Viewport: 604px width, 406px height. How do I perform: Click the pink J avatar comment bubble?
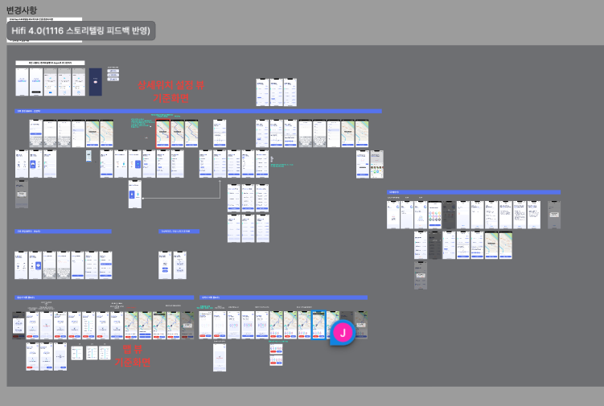tap(343, 332)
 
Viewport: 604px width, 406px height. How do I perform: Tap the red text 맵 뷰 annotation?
tap(132, 349)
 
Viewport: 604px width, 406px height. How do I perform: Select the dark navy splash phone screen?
tap(96, 81)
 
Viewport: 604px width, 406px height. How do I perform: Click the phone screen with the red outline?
tap(162, 133)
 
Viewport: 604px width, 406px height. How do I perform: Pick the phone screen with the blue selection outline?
tap(318, 324)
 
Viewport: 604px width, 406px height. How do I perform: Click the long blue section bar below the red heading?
tap(198, 111)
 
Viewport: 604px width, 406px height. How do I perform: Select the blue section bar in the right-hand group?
tap(474, 192)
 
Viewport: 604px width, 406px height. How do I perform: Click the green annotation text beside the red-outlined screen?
tap(142, 125)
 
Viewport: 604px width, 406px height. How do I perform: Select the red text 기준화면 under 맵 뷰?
tap(132, 362)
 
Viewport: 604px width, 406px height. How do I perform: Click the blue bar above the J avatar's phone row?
tap(283, 297)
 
